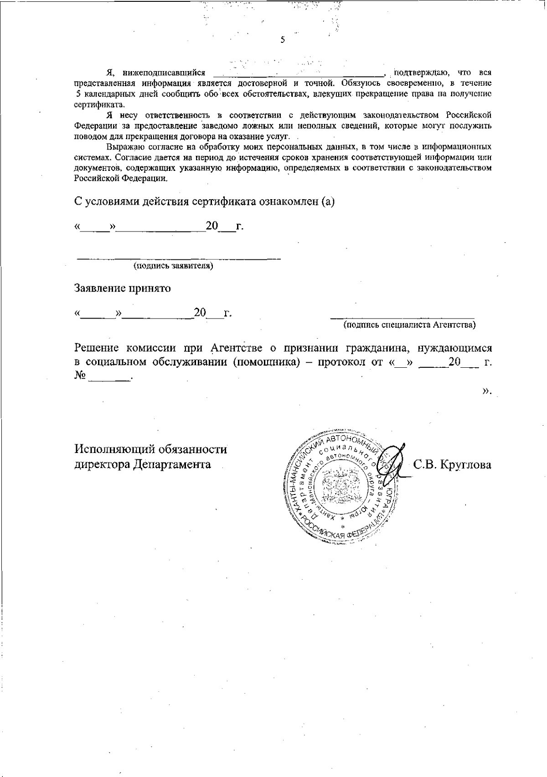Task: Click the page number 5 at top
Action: (x=283, y=40)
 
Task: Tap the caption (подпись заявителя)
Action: (x=173, y=266)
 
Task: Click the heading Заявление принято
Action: (x=123, y=288)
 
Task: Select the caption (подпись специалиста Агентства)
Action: (x=409, y=325)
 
